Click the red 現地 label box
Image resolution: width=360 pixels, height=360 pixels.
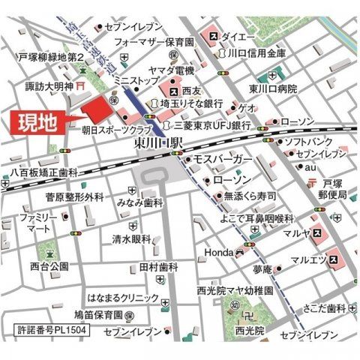pyautogui.click(x=35, y=123)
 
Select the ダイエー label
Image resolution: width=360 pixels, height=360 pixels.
pyautogui.click(x=238, y=35)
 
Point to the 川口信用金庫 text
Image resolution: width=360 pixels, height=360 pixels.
pyautogui.click(x=256, y=54)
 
